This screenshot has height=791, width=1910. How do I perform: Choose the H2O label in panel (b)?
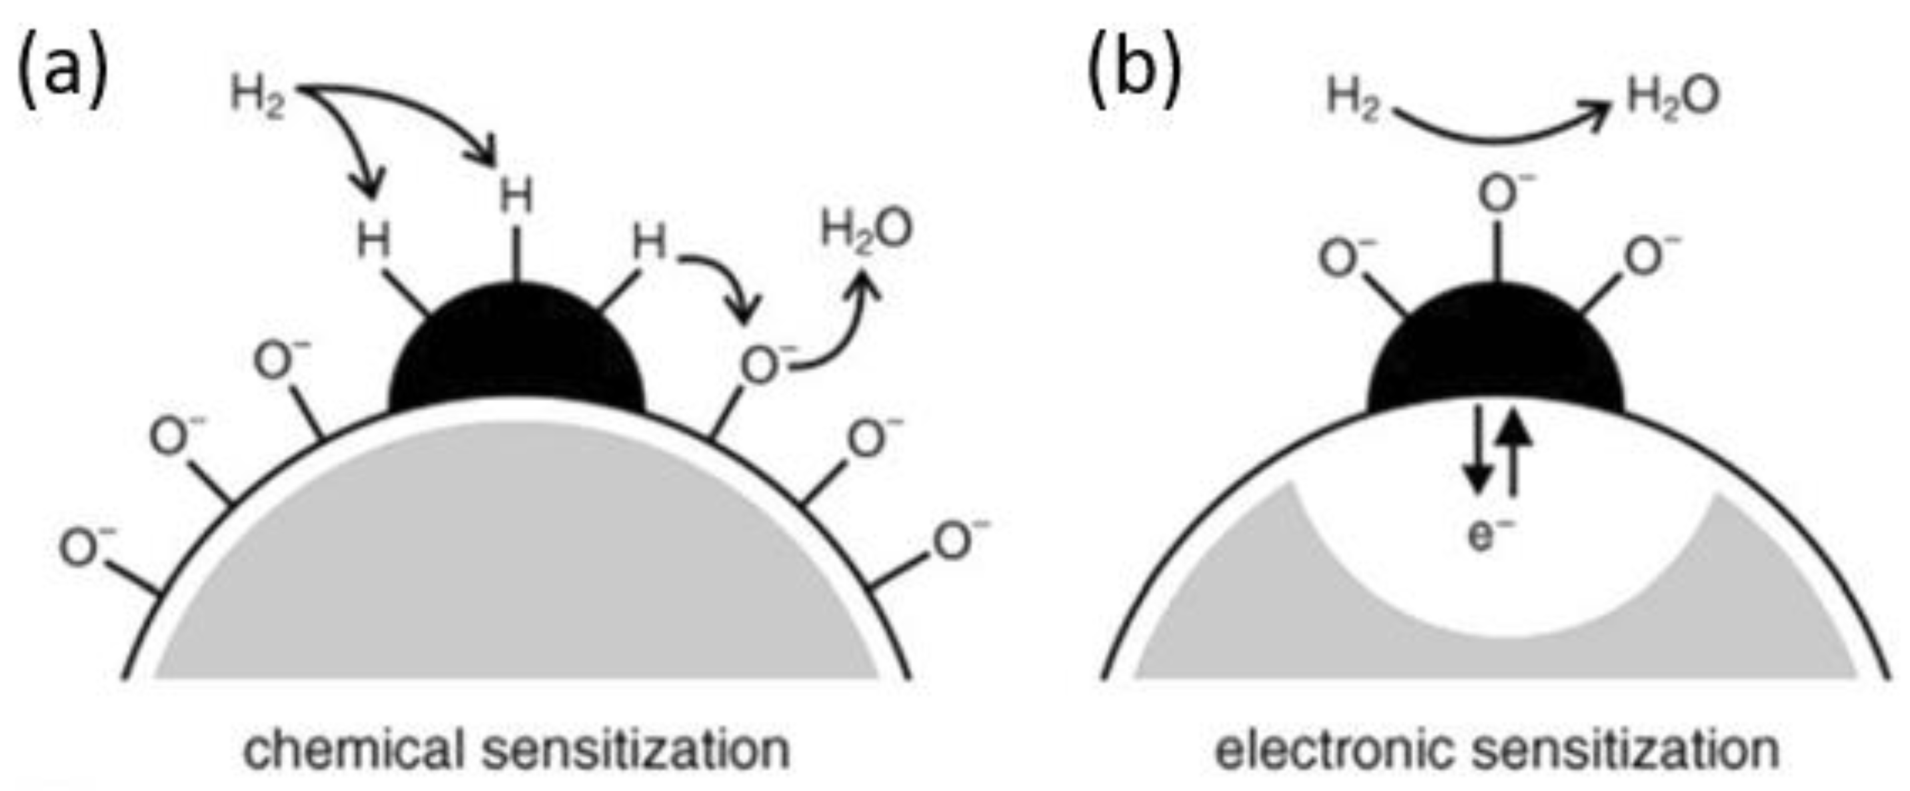(x=1673, y=97)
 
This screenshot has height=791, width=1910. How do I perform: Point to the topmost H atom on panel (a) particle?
(x=516, y=197)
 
